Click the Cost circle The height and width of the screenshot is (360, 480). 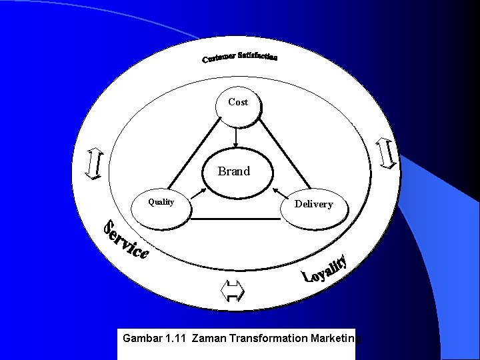238,107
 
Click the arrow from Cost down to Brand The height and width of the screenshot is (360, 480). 236,139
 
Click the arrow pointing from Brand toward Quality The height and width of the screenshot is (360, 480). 199,189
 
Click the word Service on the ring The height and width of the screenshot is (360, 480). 125,239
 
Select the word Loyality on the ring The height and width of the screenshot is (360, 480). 325,269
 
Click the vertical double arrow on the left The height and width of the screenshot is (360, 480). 94,164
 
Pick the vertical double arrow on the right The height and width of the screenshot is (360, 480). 387,153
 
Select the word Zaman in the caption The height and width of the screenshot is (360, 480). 207,339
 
